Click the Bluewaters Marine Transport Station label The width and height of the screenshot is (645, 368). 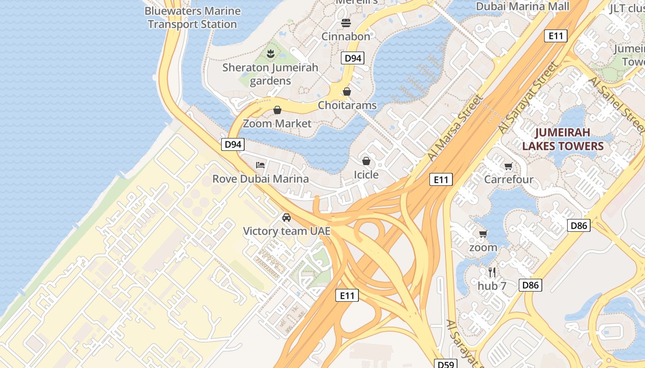pyautogui.click(x=193, y=17)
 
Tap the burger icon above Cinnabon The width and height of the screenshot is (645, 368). pyautogui.click(x=346, y=23)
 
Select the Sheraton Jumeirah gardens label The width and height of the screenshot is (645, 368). pyautogui.click(x=270, y=74)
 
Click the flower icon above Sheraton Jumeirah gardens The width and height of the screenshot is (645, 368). pyautogui.click(x=270, y=54)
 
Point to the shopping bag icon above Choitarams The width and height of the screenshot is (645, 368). pyautogui.click(x=347, y=92)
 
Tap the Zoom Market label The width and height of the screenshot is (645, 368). pyautogui.click(x=277, y=123)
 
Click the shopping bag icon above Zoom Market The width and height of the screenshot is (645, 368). pyautogui.click(x=277, y=110)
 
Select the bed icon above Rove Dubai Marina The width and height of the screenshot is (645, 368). pyautogui.click(x=260, y=165)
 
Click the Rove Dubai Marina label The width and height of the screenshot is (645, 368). pyautogui.click(x=260, y=179)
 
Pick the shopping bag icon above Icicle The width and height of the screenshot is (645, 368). pyautogui.click(x=366, y=161)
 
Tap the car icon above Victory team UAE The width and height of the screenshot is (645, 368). pyautogui.click(x=287, y=217)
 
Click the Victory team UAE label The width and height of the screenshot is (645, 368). pyautogui.click(x=287, y=231)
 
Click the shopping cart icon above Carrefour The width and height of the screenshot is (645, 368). pyautogui.click(x=509, y=166)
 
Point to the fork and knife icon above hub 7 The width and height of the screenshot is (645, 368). pyautogui.click(x=492, y=272)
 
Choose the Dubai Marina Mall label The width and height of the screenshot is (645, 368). pyautogui.click(x=522, y=6)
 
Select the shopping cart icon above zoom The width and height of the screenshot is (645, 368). pyautogui.click(x=483, y=234)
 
